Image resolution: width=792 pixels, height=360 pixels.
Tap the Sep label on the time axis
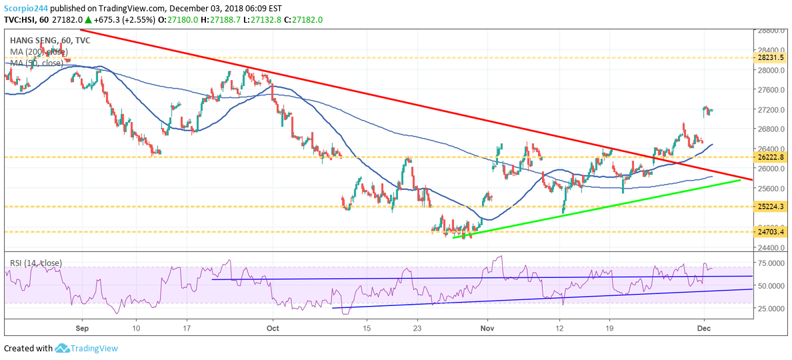[82, 328]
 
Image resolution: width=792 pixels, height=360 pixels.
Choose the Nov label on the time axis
[488, 328]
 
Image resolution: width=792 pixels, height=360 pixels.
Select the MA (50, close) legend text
[38, 63]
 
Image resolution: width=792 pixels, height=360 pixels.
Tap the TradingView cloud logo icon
[63, 348]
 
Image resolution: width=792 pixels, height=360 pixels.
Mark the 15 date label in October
[366, 328]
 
